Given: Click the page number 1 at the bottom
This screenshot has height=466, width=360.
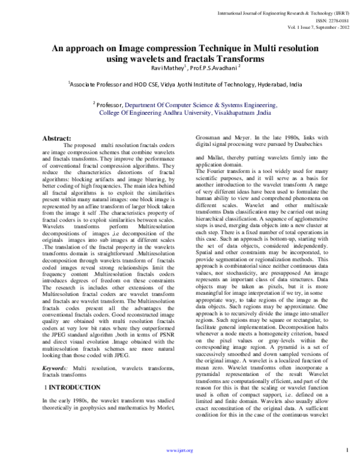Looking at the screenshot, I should click(x=348, y=450).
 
